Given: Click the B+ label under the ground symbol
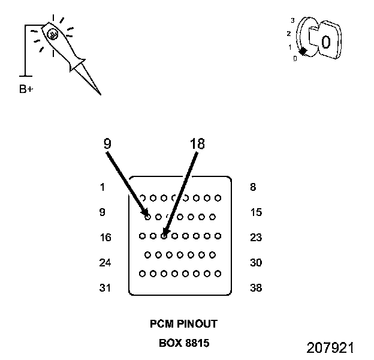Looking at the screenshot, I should coord(26,89).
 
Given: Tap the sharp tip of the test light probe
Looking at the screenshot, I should coord(100,94).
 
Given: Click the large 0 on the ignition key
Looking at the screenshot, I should coord(325,42).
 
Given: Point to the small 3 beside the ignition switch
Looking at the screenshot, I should coord(293,20).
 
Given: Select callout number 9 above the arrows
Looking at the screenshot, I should coord(107,144).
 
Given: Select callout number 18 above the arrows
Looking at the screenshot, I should coord(197,144).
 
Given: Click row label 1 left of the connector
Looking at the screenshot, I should coord(102,187).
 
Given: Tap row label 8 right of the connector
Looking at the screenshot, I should coord(253,187).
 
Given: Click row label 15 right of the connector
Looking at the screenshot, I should coord(256,212).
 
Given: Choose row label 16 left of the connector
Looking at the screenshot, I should coord(105,238).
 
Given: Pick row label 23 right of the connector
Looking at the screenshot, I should coord(256,238).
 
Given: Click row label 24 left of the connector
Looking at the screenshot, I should coord(105,263).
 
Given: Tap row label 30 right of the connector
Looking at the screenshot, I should coord(256,263).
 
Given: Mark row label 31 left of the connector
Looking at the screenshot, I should coord(105,288).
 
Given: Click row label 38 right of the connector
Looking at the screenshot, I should coord(256,288).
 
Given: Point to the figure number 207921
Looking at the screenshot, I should coord(330,348).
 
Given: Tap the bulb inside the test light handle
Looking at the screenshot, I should coord(53,35).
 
